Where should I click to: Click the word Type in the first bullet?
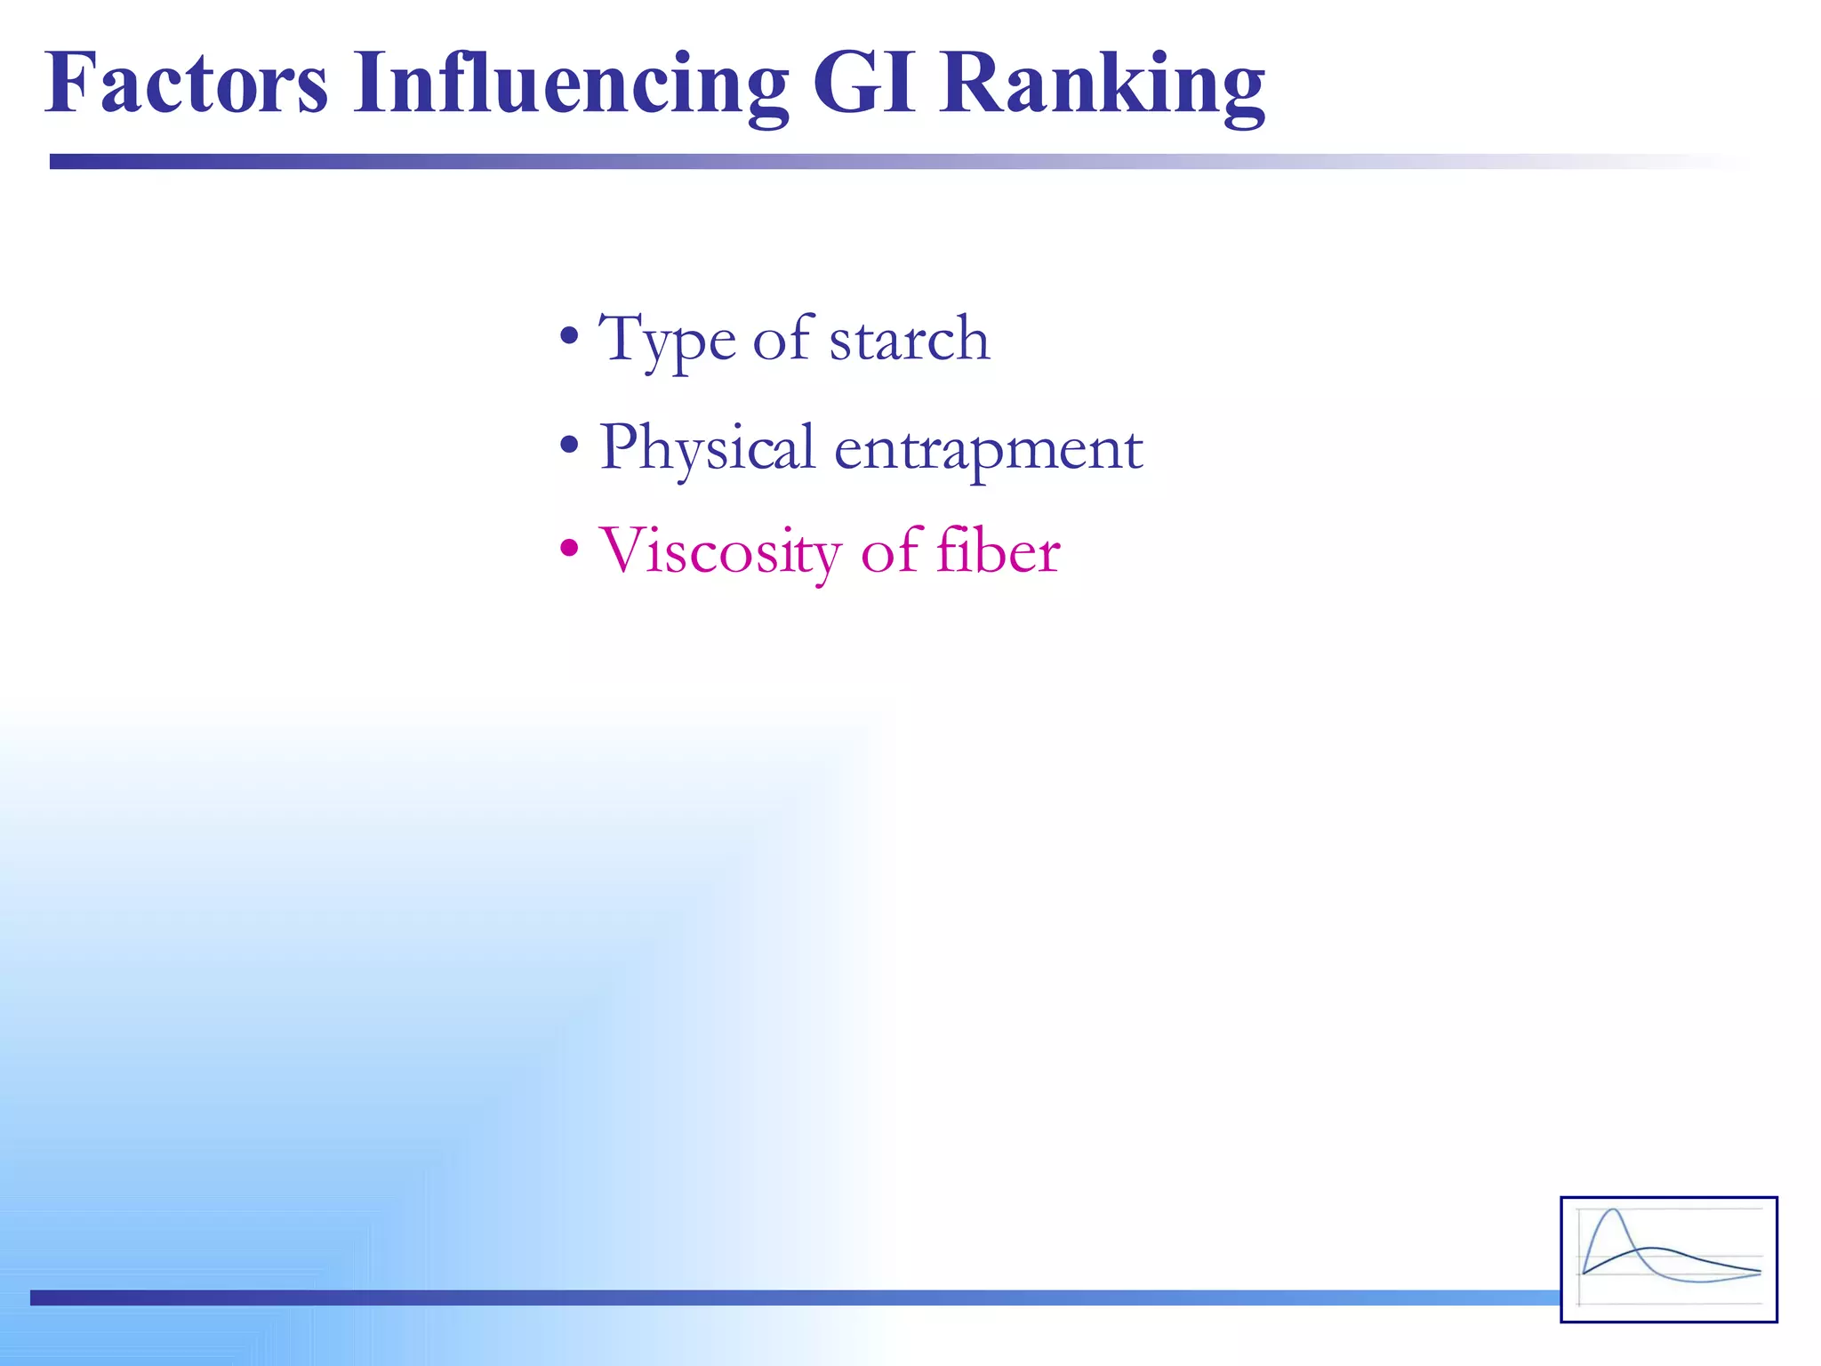point(667,340)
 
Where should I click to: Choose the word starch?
point(909,340)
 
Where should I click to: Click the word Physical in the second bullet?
point(707,448)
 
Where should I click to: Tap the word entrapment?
point(988,448)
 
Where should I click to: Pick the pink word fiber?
point(998,551)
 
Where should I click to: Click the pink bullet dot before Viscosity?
point(569,548)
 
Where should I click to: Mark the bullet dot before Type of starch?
point(569,337)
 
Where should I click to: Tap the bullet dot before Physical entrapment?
point(569,445)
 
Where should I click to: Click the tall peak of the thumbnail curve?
point(1613,1211)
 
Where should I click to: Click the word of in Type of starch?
point(782,340)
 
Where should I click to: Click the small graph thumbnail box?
point(1668,1259)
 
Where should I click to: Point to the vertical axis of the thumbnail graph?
point(1580,1258)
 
